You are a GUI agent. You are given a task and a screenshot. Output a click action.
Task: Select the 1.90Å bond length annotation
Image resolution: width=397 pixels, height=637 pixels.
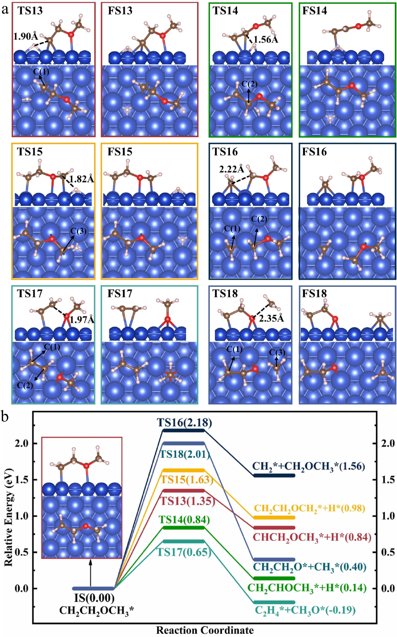tap(25, 36)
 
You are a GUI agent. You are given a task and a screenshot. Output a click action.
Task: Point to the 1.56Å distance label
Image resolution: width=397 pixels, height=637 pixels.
tap(266, 40)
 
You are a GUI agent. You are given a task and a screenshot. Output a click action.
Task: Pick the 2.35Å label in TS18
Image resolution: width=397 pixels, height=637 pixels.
tap(271, 319)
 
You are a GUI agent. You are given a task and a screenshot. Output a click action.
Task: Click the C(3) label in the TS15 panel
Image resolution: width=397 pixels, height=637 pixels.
tap(78, 231)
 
